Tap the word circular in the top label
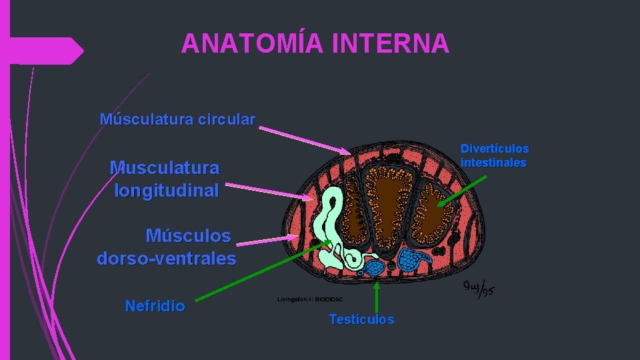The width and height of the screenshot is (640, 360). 226,120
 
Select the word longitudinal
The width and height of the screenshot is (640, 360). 166,191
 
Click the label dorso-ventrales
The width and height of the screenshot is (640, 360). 166,258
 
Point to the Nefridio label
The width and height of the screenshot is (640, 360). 155,306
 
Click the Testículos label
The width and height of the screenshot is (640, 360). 361,319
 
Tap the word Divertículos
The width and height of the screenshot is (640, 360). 495,149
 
